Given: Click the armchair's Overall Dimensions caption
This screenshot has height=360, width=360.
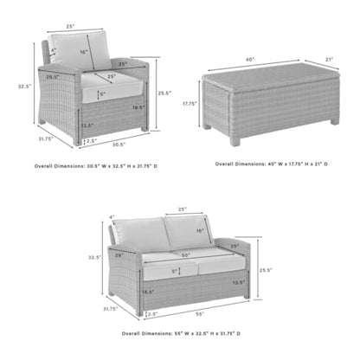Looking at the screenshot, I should click(x=96, y=164).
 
